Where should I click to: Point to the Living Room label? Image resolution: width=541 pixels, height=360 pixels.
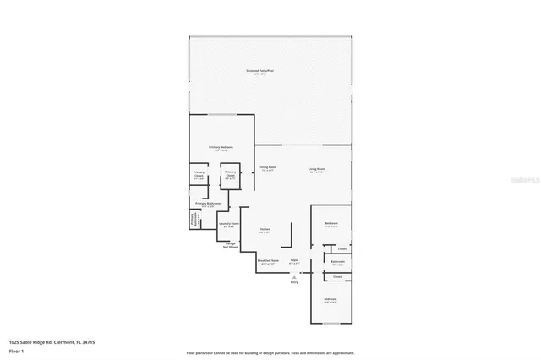316,169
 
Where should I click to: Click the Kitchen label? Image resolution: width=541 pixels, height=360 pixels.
265,230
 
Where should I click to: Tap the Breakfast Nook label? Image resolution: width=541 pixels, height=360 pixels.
268,261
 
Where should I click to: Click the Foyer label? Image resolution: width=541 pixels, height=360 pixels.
294,261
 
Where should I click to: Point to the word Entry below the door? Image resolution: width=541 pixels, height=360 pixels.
294,281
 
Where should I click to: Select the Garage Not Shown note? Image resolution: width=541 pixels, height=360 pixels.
230,246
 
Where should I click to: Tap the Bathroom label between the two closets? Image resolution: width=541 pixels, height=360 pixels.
337,262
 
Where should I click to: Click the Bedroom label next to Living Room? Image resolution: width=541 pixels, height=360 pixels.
331,224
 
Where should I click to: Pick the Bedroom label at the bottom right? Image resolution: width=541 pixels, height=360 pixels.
330,300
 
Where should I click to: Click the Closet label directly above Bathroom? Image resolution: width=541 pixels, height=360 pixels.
342,248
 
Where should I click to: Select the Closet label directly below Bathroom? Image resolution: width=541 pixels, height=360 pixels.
336,277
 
